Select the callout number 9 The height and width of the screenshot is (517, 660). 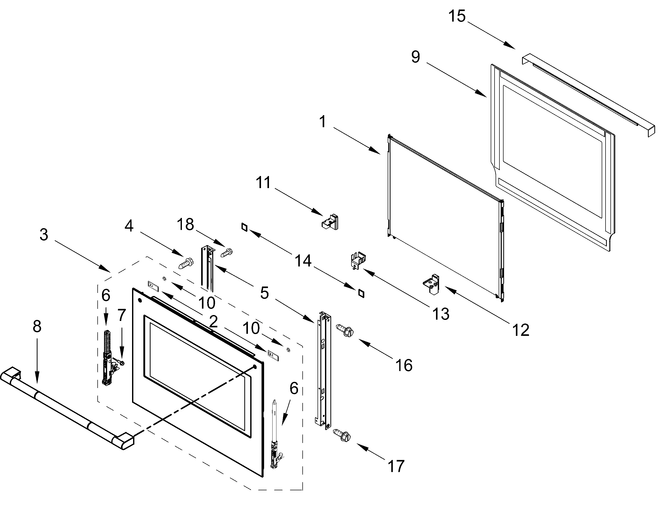(415, 57)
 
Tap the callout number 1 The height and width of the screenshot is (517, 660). (323, 122)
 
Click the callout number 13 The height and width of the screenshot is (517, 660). (441, 314)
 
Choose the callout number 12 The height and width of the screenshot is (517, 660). (520, 330)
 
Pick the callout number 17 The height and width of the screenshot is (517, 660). (396, 466)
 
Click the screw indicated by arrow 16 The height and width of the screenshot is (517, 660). (345, 330)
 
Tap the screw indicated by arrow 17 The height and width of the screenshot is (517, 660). (342, 435)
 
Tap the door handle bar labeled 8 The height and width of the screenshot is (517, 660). (67, 409)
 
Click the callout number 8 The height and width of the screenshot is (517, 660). (37, 326)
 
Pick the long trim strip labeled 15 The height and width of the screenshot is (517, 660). (587, 94)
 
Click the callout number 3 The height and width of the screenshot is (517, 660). (44, 235)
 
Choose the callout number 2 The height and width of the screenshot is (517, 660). (213, 322)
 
